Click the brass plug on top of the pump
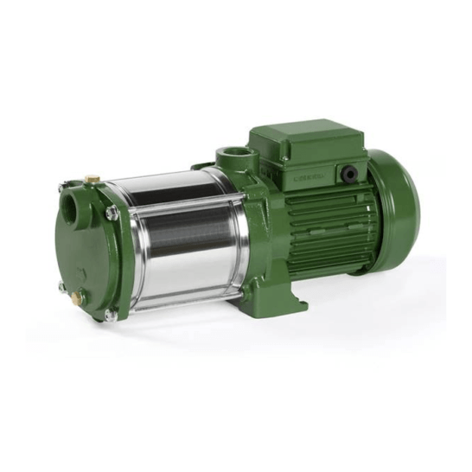coord(88,179)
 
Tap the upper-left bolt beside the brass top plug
coord(61,186)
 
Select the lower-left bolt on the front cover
coord(61,286)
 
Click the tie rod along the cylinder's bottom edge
coord(182,300)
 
